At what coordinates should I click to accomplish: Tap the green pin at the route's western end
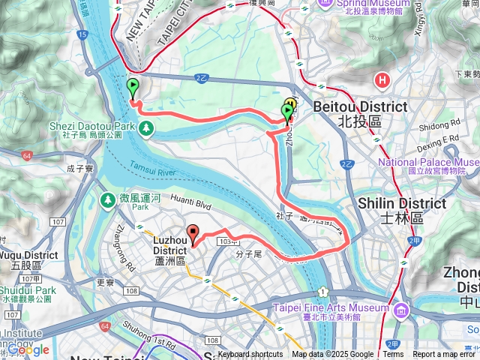(x=133, y=88)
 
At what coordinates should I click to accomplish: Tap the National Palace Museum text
(x=428, y=162)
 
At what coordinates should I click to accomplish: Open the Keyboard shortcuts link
(x=250, y=355)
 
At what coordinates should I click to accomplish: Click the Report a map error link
(x=445, y=355)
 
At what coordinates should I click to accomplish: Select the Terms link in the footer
(x=393, y=355)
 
